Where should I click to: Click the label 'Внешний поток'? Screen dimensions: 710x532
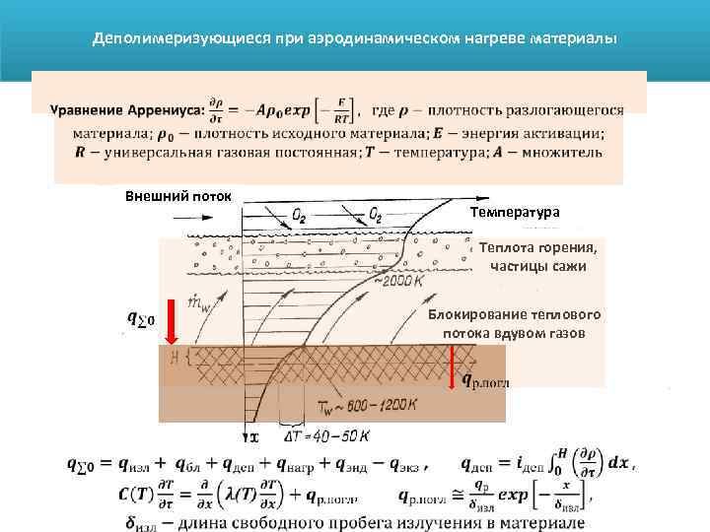(177, 195)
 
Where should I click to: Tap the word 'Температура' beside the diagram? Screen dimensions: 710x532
(514, 212)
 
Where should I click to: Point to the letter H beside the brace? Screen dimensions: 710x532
(174, 356)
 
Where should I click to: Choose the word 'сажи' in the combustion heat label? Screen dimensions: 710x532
(567, 266)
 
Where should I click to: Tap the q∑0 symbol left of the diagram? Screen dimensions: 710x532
(141, 318)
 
